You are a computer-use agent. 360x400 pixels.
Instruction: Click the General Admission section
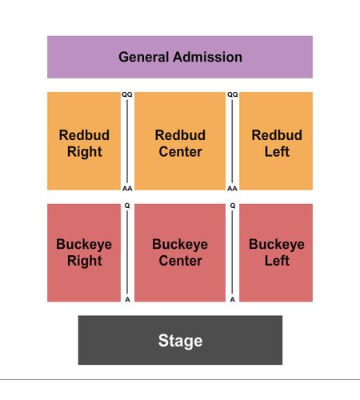point(180,57)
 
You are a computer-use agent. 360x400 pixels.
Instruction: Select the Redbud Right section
point(84,141)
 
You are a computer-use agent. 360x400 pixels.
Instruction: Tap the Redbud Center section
point(180,141)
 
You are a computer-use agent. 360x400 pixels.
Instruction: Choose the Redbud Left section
point(276,141)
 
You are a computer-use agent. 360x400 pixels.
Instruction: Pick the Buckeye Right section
point(84,253)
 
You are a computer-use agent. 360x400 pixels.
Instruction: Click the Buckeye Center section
point(180,253)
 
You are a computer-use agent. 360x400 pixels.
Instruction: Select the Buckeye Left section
point(276,253)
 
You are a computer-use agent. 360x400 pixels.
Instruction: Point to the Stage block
point(180,340)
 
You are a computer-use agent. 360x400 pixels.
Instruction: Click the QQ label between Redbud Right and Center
point(127,94)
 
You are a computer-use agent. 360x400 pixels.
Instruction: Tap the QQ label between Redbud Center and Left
point(233,94)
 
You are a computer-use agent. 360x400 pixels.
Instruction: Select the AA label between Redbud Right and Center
point(127,189)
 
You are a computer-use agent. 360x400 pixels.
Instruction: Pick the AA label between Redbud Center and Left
point(232,189)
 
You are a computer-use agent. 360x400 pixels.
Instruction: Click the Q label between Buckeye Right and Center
point(127,206)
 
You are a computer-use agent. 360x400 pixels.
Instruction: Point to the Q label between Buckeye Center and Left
point(233,206)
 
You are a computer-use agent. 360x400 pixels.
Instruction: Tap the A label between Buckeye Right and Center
point(128,299)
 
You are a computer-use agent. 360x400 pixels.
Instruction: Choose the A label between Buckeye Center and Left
point(233,299)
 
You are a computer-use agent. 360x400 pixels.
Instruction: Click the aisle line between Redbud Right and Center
point(127,142)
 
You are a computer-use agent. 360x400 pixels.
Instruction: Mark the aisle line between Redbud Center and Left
point(232,142)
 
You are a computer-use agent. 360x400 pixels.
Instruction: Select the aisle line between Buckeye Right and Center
point(127,252)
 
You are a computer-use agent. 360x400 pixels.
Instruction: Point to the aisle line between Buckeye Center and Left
point(232,252)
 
